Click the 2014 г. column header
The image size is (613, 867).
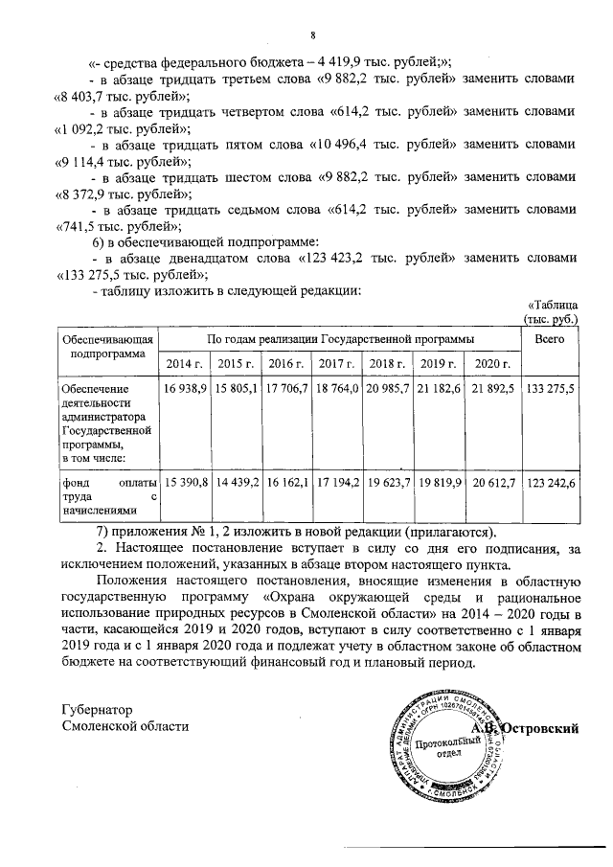184,365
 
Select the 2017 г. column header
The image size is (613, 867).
337,365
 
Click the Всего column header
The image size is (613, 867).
549,339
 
